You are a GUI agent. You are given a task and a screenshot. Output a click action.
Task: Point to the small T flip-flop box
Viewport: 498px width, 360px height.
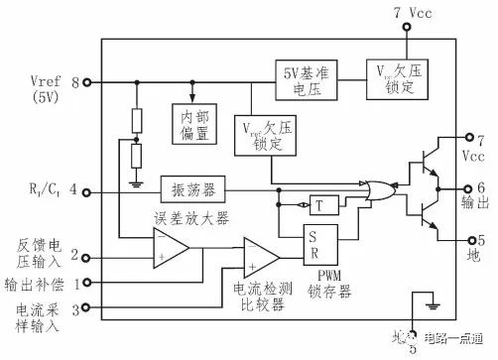(x=319, y=206)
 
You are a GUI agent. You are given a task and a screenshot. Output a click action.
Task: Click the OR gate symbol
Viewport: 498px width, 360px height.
(x=378, y=187)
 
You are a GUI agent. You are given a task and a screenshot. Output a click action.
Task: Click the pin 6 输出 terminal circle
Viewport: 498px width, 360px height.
(x=464, y=186)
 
